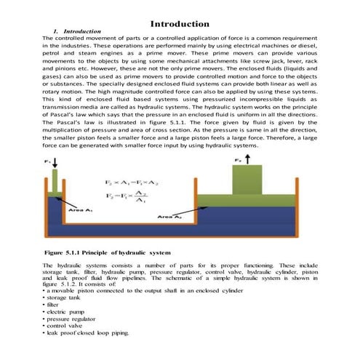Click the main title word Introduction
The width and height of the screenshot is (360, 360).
pyautogui.click(x=180, y=25)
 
